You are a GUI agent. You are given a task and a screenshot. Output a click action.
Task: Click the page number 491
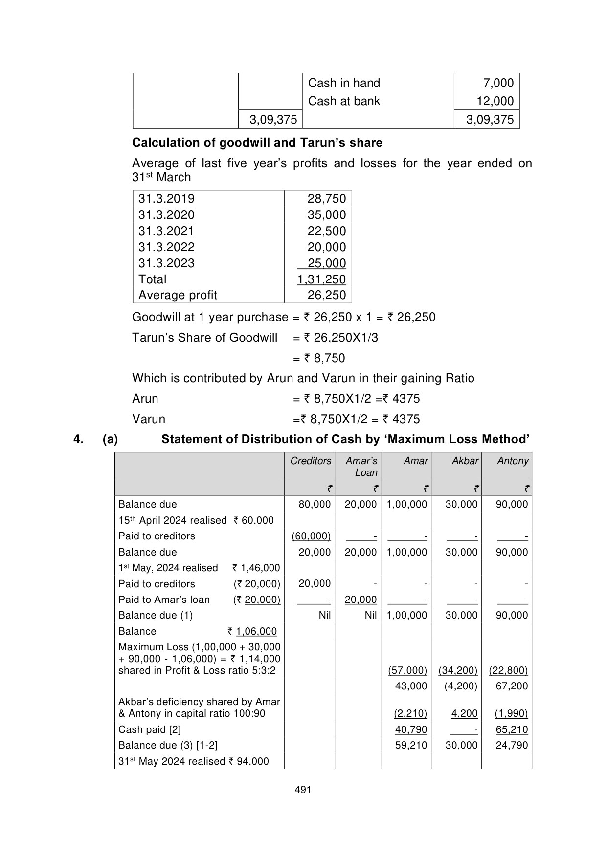[303, 789]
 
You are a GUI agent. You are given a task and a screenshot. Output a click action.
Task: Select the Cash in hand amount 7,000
[498, 83]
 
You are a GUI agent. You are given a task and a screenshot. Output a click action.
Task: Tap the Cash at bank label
[344, 101]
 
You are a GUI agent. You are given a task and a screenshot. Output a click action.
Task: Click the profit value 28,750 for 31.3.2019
[326, 199]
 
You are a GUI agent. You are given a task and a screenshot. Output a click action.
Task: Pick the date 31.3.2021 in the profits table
[166, 231]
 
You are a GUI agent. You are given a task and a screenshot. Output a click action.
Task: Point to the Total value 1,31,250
[321, 279]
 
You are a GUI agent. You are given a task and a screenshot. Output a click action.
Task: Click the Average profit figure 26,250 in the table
[326, 295]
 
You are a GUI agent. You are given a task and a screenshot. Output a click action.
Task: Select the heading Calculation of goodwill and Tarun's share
[257, 143]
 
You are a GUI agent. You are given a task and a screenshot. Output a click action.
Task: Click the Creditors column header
[311, 461]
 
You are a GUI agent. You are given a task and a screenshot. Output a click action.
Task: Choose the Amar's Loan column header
[361, 467]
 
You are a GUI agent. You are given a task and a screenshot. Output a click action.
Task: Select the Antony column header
[513, 461]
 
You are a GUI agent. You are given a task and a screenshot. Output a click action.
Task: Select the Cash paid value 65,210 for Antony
[512, 729]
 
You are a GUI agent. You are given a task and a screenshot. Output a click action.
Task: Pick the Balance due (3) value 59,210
[411, 745]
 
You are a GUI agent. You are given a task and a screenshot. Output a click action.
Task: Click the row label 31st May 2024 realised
[194, 761]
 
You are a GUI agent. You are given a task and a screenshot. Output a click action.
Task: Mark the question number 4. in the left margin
[78, 439]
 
